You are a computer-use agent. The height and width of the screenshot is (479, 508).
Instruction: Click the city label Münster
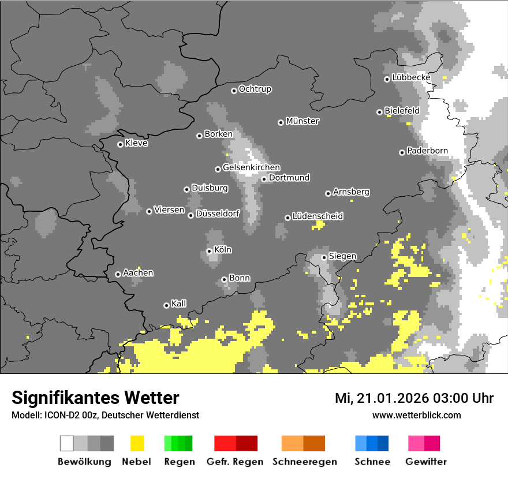click(x=302, y=121)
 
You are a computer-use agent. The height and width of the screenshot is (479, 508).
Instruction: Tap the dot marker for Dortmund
click(x=264, y=179)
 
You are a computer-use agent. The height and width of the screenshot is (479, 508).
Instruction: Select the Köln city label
click(x=223, y=250)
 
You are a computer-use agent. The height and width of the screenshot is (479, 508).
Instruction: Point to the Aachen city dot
click(x=118, y=274)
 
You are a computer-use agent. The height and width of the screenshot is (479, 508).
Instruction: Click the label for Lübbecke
click(x=411, y=77)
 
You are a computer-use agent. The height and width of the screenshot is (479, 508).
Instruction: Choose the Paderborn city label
click(x=427, y=151)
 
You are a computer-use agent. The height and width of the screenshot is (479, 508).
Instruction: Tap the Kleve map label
click(x=136, y=143)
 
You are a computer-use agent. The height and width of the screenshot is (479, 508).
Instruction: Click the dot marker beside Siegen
click(x=324, y=257)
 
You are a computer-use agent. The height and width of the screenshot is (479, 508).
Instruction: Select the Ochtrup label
click(x=255, y=89)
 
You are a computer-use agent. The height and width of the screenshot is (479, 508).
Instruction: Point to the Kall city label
click(x=179, y=304)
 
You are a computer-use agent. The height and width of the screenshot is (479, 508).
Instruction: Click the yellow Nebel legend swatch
click(x=137, y=443)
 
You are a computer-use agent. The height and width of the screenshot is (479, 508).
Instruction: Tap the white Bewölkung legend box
click(x=67, y=443)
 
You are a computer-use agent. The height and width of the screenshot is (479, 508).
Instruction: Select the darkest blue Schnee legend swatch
click(x=383, y=443)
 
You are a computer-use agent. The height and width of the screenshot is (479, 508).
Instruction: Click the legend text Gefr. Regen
click(x=235, y=462)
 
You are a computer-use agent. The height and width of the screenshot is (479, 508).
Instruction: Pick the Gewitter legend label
click(x=426, y=462)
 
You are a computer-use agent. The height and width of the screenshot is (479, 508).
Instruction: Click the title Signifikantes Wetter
click(x=95, y=398)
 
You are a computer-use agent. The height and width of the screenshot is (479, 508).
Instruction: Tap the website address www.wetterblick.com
click(x=417, y=415)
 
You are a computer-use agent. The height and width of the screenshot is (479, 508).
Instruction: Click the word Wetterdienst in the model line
click(x=173, y=415)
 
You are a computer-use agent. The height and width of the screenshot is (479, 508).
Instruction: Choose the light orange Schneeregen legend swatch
click(x=292, y=443)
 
